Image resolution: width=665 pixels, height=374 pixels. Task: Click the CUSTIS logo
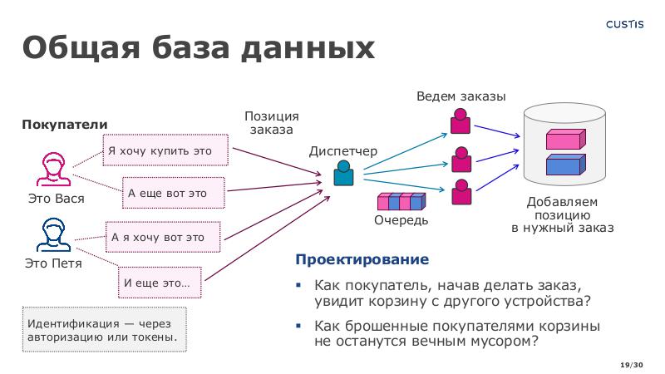click(624, 24)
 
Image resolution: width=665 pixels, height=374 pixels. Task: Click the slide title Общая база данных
click(198, 47)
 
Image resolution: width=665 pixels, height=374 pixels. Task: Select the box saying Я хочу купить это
click(166, 150)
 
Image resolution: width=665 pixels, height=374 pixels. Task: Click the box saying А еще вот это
click(173, 193)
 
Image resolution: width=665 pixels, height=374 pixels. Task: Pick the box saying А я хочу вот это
click(163, 237)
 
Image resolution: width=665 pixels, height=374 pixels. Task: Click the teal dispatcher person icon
click(343, 173)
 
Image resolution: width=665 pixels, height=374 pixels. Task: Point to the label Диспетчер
click(342, 151)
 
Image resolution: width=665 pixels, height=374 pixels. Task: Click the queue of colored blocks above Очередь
click(401, 201)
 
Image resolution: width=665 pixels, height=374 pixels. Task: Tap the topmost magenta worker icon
click(460, 122)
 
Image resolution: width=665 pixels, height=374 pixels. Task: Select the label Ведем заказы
click(461, 97)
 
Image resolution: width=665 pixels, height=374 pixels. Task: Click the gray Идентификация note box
click(103, 330)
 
